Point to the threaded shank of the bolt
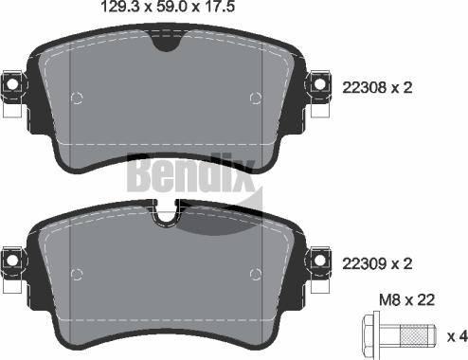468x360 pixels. point(413,336)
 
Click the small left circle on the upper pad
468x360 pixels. point(78,97)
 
